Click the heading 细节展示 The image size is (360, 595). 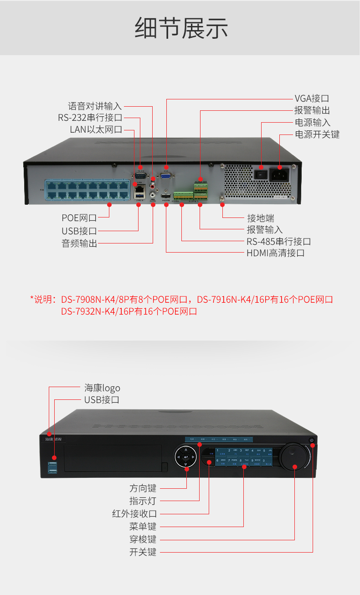(x=181, y=28)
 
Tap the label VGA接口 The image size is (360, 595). (x=312, y=98)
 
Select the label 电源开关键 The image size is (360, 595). (x=317, y=135)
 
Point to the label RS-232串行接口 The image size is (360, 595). (x=90, y=118)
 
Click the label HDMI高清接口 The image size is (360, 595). (x=276, y=253)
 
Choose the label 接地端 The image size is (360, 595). (x=261, y=218)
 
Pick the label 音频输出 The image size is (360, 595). (x=80, y=243)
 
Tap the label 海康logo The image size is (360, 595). (x=102, y=388)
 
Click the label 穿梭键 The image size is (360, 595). (x=143, y=539)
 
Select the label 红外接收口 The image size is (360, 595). (x=134, y=514)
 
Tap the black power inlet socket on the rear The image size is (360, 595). (x=280, y=174)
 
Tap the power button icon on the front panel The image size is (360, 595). (x=312, y=440)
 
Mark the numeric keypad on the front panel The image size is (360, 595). (x=244, y=456)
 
